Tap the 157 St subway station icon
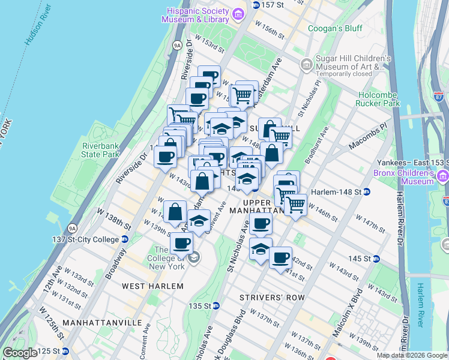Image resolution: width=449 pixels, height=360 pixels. (x=256, y=5)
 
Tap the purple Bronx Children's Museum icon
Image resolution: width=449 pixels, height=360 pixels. (x=442, y=176)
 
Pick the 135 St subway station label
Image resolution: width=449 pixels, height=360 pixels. (x=202, y=305)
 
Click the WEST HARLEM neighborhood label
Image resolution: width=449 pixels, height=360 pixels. (x=152, y=286)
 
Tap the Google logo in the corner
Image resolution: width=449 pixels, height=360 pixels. (x=20, y=353)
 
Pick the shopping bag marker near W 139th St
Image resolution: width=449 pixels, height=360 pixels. (x=174, y=211)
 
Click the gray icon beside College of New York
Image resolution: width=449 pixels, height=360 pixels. (x=193, y=258)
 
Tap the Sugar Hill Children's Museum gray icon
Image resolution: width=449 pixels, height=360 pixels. (x=306, y=64)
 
